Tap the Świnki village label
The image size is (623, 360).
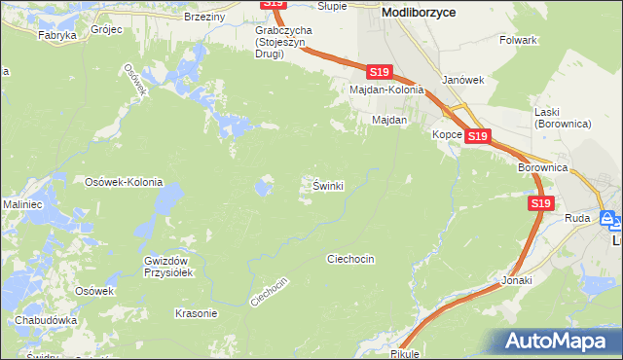coord(328,185)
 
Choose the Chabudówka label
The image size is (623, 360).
coord(46,320)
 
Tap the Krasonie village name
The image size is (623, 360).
coord(195,313)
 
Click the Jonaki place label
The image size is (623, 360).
coord(517,280)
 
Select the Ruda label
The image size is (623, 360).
coord(577,219)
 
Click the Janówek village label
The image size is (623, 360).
coord(461,80)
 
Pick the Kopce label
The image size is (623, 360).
coord(447,134)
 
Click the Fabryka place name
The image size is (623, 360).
coord(57,35)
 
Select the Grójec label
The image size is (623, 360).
coord(106,29)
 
